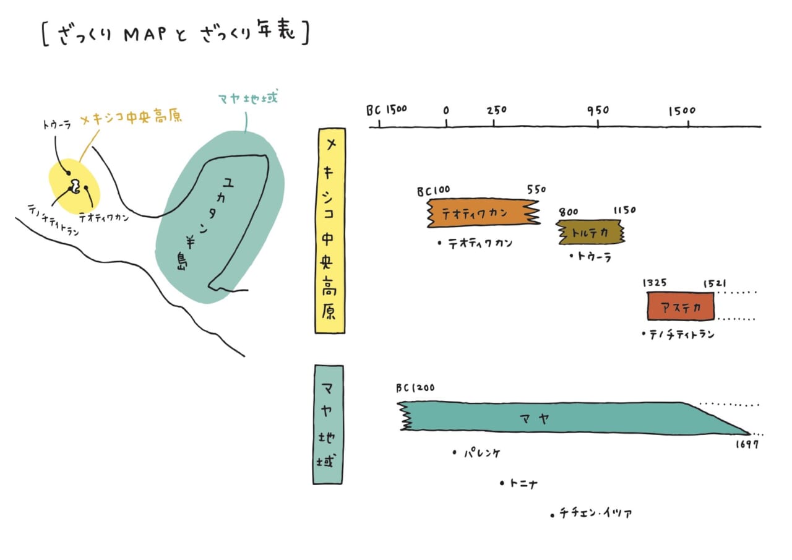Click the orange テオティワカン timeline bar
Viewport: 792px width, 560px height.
point(483,213)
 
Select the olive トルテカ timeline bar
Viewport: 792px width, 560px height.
point(590,232)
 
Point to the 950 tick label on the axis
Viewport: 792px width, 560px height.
point(598,111)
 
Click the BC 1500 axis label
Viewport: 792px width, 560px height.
point(386,110)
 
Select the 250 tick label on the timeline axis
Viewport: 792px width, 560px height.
point(496,111)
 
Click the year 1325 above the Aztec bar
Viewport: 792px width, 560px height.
point(655,283)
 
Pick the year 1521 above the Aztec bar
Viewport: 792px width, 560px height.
point(715,283)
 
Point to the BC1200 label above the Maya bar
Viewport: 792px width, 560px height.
point(415,389)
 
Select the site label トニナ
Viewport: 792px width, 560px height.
point(523,484)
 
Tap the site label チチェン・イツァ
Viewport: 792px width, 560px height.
point(595,513)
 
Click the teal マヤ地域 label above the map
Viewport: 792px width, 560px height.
point(247,99)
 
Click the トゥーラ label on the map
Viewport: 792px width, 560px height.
point(56,125)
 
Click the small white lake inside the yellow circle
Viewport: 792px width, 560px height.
point(75,185)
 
